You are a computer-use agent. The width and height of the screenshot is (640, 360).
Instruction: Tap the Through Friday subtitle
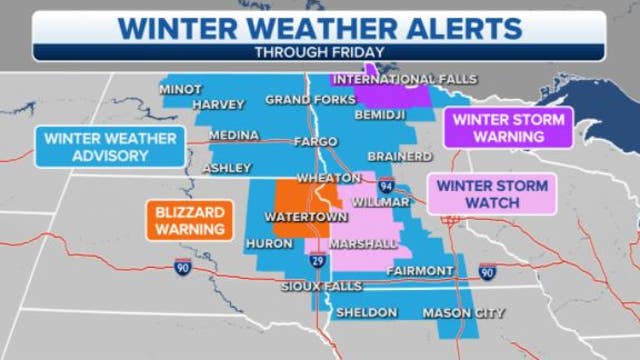(x=319, y=52)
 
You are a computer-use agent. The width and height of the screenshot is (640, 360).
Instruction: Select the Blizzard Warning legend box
(x=189, y=220)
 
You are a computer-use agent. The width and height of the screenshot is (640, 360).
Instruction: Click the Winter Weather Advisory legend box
(x=110, y=146)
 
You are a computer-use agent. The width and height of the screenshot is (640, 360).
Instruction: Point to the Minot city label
(x=181, y=89)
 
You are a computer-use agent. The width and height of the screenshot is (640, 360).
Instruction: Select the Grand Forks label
(x=310, y=100)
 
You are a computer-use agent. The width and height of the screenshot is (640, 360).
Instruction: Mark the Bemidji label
(x=381, y=115)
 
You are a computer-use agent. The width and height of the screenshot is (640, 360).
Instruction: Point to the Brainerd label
(x=400, y=157)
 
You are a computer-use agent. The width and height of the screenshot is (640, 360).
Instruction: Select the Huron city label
(x=268, y=242)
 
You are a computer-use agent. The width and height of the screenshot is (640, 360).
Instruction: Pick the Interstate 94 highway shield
(x=385, y=185)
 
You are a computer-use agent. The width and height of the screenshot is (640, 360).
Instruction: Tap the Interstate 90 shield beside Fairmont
(x=487, y=271)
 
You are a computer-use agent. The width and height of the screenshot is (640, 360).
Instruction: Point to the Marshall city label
(x=366, y=242)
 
